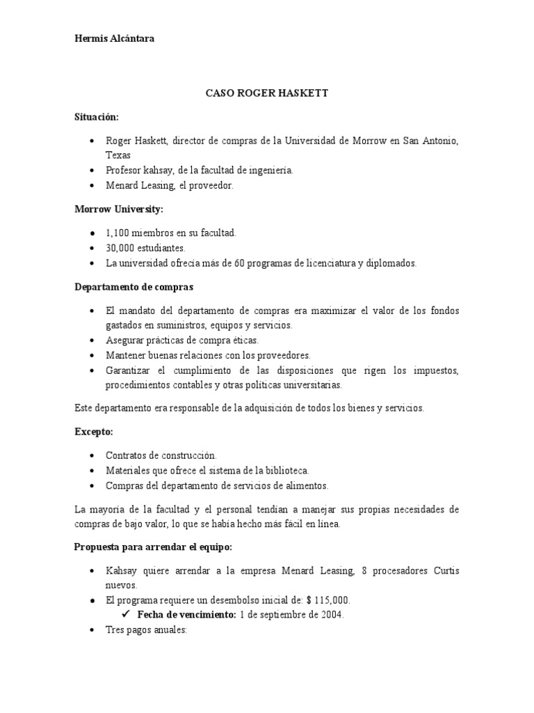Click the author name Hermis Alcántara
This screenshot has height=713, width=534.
[x=115, y=39]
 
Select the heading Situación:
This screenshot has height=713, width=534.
[x=97, y=117]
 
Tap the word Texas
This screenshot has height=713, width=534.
[x=118, y=155]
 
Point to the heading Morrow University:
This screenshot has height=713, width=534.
[x=119, y=208]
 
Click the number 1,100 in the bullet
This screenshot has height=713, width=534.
[x=119, y=233]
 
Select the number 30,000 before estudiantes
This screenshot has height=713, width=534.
[x=121, y=247]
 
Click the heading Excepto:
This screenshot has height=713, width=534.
[x=93, y=432]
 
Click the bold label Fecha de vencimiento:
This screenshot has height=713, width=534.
[x=186, y=615]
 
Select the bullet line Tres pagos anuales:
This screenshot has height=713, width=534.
[x=146, y=629]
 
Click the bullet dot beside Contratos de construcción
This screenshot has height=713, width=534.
[x=92, y=456]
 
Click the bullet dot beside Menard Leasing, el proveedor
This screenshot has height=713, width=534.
[x=92, y=186]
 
